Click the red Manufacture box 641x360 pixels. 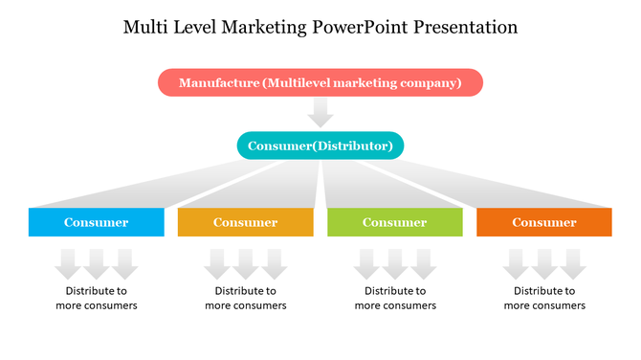pyautogui.click(x=320, y=83)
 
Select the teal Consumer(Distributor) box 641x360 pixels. pyautogui.click(x=320, y=146)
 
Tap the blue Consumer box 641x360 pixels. pyautogui.click(x=96, y=222)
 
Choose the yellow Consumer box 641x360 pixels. pyautogui.click(x=245, y=222)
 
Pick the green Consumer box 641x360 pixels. pyautogui.click(x=394, y=222)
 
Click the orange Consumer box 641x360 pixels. pyautogui.click(x=543, y=222)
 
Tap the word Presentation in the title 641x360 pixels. pyautogui.click(x=467, y=27)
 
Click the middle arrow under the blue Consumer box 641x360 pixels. pyautogui.click(x=96, y=262)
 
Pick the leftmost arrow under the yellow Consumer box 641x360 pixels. pyautogui.click(x=217, y=262)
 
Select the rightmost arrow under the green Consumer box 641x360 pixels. pyautogui.click(x=423, y=262)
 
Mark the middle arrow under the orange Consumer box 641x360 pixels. pyautogui.click(x=544, y=262)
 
